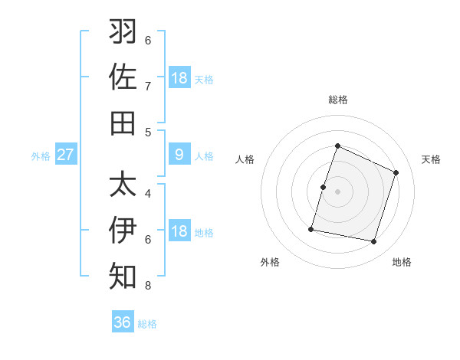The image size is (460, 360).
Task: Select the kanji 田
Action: (123, 123)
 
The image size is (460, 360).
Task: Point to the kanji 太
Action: (123, 184)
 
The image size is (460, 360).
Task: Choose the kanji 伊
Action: (123, 230)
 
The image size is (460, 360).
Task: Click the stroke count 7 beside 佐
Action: (148, 87)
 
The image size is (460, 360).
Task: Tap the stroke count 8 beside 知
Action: (148, 286)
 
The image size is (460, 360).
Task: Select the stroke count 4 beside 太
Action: (148, 194)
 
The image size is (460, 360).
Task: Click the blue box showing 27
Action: (65, 155)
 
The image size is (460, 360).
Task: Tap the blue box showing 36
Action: (123, 322)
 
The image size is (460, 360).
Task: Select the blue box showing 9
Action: (179, 155)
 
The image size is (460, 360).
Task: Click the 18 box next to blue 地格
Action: (179, 231)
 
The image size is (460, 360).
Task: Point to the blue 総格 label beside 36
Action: (147, 324)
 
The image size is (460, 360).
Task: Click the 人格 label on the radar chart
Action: (245, 159)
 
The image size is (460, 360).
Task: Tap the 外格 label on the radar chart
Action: (270, 262)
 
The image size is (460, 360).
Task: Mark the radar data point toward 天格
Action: (396, 172)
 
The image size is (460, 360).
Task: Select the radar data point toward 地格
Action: (374, 242)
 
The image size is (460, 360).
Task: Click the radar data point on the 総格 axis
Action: (337, 146)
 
